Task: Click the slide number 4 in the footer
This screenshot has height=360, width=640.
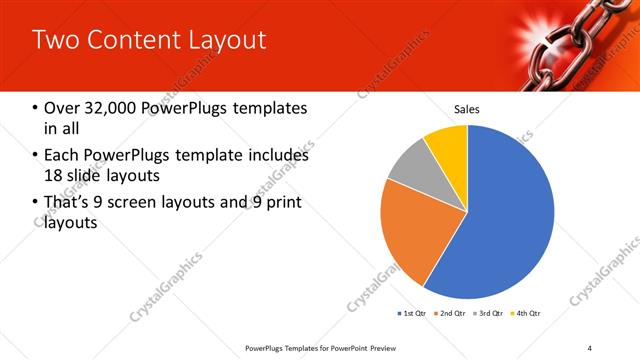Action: (590, 347)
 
